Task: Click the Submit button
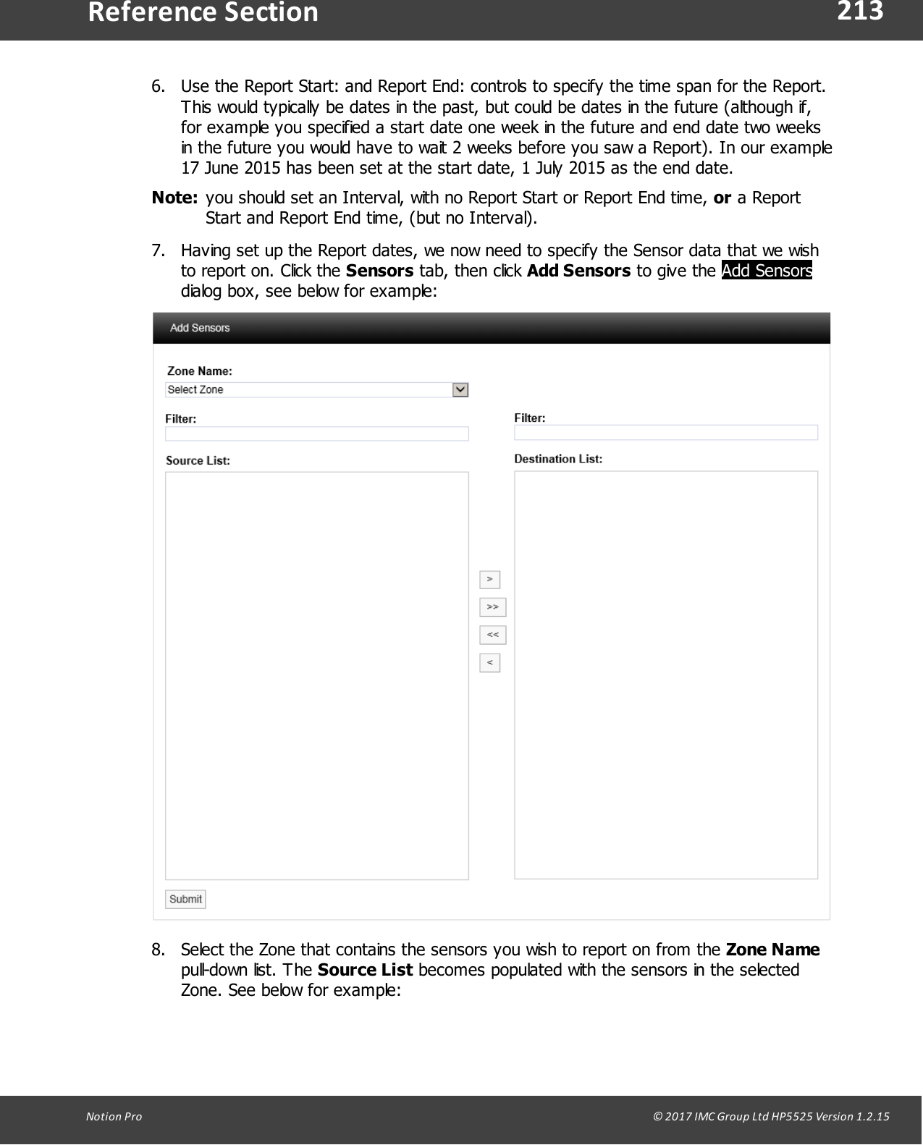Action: pyautogui.click(x=185, y=899)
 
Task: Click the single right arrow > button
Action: pyautogui.click(x=490, y=579)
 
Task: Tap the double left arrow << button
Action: pyautogui.click(x=492, y=635)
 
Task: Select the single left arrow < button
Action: pyautogui.click(x=490, y=662)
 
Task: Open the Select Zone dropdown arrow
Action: pyautogui.click(x=460, y=390)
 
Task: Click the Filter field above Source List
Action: pyautogui.click(x=316, y=434)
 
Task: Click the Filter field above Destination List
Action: pyautogui.click(x=665, y=433)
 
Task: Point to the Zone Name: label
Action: pyautogui.click(x=200, y=371)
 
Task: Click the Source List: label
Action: pyautogui.click(x=198, y=460)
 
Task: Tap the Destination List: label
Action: pyautogui.click(x=558, y=459)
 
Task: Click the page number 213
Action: pyautogui.click(x=860, y=12)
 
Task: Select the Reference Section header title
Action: pyautogui.click(x=203, y=13)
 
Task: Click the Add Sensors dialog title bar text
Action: pyautogui.click(x=200, y=328)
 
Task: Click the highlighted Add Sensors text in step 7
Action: pyautogui.click(x=767, y=271)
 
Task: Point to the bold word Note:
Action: pyautogui.click(x=174, y=198)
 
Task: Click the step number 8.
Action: pyautogui.click(x=158, y=950)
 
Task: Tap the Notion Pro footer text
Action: pyautogui.click(x=114, y=1116)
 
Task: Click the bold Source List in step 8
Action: pyautogui.click(x=365, y=970)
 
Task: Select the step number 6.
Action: pyautogui.click(x=158, y=87)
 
